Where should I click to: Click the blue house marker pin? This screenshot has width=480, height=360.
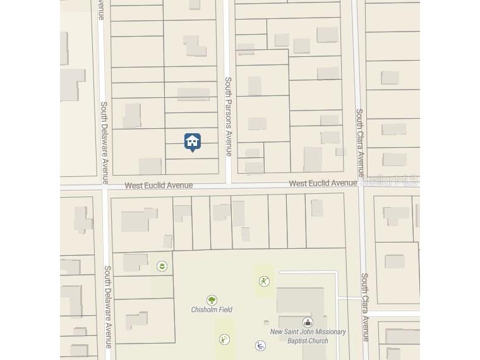[x=193, y=141]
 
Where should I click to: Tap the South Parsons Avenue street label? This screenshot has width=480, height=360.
[x=229, y=116]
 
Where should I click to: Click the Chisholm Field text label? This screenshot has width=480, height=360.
[x=212, y=309]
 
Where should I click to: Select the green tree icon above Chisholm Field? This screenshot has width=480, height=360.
[x=212, y=300]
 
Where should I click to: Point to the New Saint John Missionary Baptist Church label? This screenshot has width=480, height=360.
[x=308, y=336]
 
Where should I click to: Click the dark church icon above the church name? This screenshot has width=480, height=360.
[x=308, y=322]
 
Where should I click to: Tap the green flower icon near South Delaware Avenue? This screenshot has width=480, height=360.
[x=162, y=266]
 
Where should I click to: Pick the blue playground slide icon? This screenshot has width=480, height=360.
[x=260, y=345]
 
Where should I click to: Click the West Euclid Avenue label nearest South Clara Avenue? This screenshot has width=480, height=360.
[x=323, y=183]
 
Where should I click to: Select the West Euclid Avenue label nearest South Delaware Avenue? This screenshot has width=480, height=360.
[x=159, y=186]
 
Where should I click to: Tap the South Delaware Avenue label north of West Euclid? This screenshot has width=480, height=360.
[x=105, y=137]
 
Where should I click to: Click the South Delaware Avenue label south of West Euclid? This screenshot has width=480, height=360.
[x=108, y=306]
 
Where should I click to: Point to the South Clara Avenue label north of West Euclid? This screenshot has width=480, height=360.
[x=359, y=143]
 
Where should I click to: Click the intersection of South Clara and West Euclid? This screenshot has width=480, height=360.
[x=361, y=183]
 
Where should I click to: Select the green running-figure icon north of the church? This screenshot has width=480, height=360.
[x=264, y=281]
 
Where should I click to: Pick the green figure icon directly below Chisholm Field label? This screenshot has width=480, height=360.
[x=224, y=340]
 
